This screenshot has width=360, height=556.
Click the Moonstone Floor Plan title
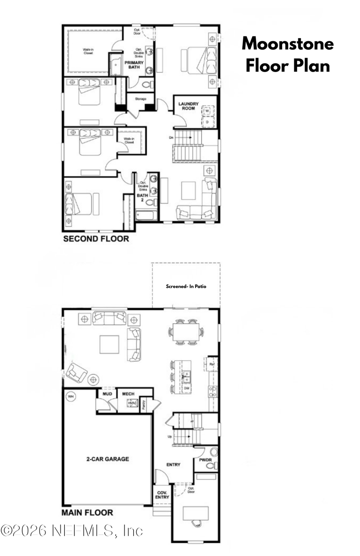coord(288,55)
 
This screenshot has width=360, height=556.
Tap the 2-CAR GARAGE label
coord(108,459)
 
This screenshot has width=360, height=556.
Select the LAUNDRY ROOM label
coord(188,106)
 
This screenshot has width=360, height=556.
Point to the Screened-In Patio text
coord(186,286)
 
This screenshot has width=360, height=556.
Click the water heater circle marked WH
coord(71,396)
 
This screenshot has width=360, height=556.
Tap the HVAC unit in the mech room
coord(132,404)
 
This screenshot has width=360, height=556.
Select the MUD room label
coord(107,394)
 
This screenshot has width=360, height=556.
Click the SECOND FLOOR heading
coord(96,239)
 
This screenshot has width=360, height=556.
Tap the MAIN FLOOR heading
coord(87,512)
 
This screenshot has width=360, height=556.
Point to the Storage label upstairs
coord(141,99)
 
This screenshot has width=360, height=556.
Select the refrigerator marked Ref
coord(211,363)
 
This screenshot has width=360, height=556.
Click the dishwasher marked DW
coord(186,387)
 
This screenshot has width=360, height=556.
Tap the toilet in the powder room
coord(212,466)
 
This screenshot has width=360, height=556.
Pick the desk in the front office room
coord(196,513)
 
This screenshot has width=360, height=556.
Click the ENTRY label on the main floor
coord(173,465)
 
